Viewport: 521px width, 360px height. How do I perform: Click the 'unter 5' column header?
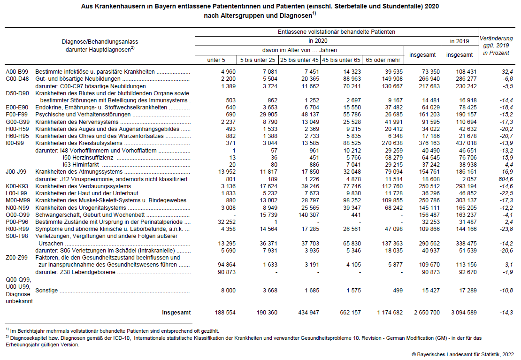(216, 60)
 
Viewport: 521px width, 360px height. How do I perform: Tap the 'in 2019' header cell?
(460, 41)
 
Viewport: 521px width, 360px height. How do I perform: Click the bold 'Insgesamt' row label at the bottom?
(176, 313)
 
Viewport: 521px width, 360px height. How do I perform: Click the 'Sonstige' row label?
(46, 291)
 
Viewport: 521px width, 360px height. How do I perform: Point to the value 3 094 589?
(459, 313)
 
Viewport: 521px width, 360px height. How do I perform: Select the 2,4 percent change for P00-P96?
(508, 222)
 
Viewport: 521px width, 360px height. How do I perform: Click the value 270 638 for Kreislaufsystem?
(389, 143)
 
